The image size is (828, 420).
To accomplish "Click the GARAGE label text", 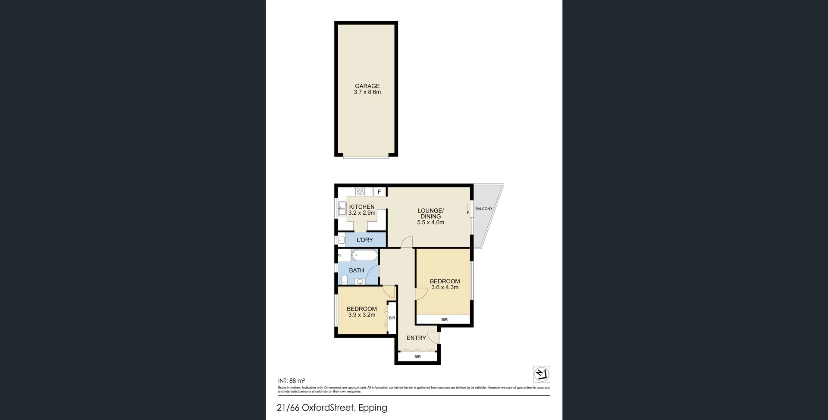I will [x=367, y=86].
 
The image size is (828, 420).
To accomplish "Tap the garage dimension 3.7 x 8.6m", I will [x=367, y=92].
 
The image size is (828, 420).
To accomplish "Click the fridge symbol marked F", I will [x=379, y=192].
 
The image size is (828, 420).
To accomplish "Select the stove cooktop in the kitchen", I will [x=361, y=191].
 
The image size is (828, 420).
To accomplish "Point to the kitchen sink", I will [x=342, y=209].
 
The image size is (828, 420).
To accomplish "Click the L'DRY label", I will [x=365, y=240].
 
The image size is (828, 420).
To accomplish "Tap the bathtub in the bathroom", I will [x=364, y=256].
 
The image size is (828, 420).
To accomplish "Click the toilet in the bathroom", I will [x=344, y=280].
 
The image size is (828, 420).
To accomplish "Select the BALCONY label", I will [x=483, y=209].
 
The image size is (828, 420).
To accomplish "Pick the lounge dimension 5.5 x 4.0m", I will [x=430, y=223].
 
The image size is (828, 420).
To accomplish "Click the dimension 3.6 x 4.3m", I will [x=445, y=287].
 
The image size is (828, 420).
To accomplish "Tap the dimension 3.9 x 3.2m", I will [x=361, y=315].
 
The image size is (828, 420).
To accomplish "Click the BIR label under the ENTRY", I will [x=417, y=357].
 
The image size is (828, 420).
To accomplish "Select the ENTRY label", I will [x=416, y=338].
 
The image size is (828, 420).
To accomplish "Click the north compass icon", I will [x=542, y=374].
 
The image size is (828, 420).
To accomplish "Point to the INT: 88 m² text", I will [x=292, y=381].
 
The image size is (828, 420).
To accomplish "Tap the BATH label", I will [x=356, y=270].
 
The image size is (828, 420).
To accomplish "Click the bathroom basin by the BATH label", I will [x=360, y=282].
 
